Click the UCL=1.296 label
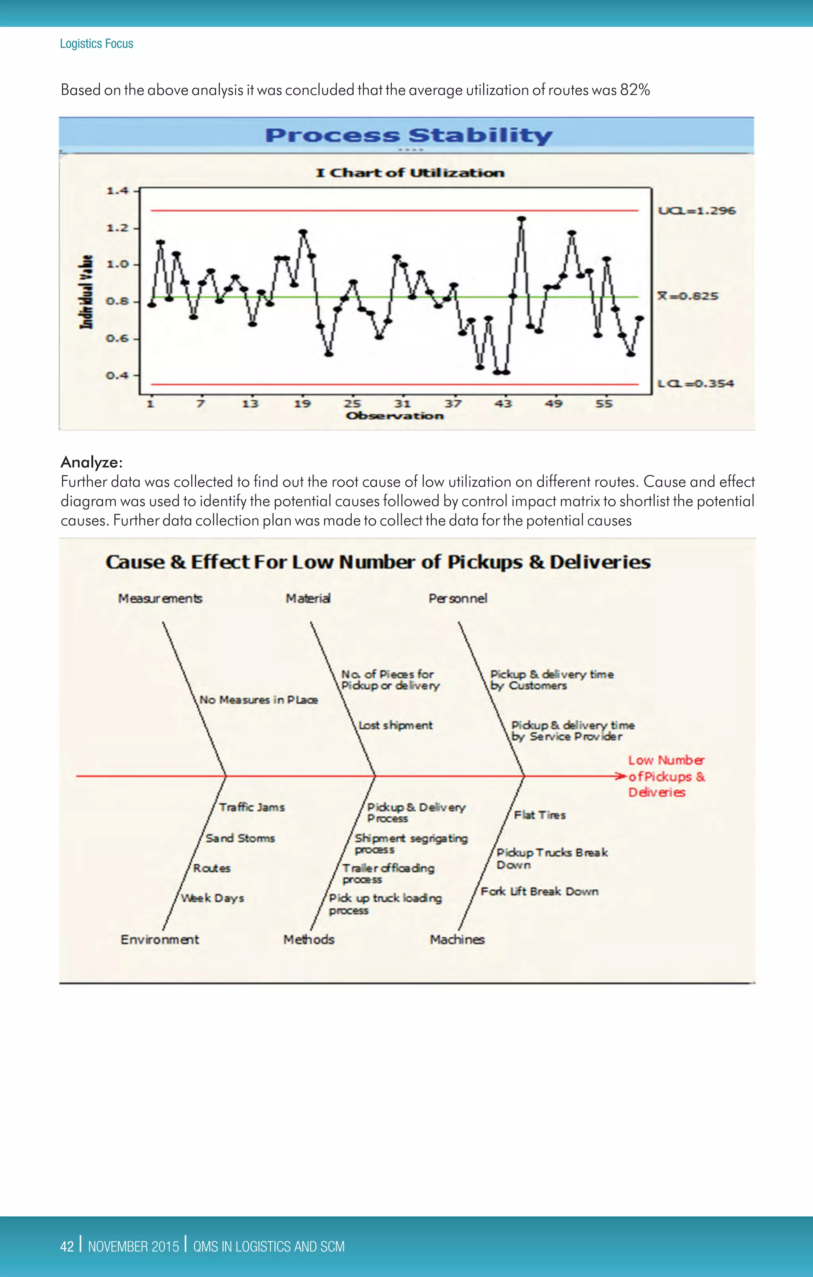coord(696,211)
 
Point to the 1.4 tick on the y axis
coord(117,190)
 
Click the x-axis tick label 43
coord(503,404)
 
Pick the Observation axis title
coord(394,416)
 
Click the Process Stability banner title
coord(408,135)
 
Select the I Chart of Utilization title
coord(410,173)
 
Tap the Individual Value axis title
coord(87,292)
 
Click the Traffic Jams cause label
coord(252,807)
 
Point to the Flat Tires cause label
coord(540,815)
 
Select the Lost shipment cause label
coord(395,725)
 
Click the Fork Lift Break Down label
coord(539,891)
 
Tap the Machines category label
coord(457,939)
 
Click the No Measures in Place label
coord(258,700)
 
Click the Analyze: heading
coord(91,462)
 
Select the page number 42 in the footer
coord(67,1246)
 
